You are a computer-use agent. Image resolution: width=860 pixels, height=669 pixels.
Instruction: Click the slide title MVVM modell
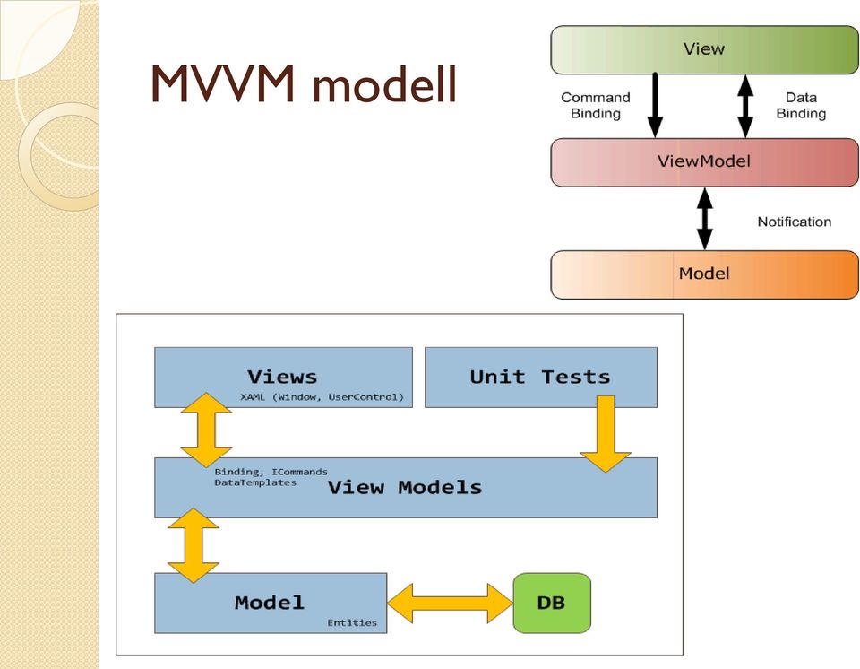coord(304,84)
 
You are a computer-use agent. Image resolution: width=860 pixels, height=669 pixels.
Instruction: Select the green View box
coord(704,49)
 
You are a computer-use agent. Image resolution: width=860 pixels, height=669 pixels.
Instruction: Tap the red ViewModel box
coord(704,162)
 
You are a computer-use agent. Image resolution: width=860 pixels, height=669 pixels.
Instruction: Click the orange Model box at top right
coord(704,274)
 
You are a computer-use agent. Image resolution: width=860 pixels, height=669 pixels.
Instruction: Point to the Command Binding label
coord(596,106)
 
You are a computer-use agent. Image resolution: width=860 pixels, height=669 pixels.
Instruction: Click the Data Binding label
coord(801,106)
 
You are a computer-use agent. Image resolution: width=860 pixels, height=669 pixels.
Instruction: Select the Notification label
coord(795,222)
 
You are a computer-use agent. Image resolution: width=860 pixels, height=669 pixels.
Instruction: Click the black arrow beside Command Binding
coord(655,106)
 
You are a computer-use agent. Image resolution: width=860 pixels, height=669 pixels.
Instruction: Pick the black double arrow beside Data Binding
coord(744,106)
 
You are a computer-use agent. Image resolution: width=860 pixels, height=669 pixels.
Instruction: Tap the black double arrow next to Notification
coord(705,219)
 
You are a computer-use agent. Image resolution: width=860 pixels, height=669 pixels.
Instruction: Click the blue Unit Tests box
coord(541,378)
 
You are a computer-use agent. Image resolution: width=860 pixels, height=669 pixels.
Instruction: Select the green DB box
coord(552,604)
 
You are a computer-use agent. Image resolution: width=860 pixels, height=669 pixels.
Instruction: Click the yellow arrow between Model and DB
coord(450,604)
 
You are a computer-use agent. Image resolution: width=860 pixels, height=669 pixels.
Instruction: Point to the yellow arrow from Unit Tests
coord(606,434)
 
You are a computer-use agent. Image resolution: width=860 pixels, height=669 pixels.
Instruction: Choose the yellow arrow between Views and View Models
coord(206,430)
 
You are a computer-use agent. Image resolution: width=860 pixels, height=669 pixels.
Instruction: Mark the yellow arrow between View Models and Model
coord(193,545)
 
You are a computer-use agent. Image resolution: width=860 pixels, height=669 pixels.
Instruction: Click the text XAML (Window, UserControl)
coord(322,397)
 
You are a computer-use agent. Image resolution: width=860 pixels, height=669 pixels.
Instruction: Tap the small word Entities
coord(352,622)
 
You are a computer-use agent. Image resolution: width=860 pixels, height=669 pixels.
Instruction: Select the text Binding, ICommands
coord(271,472)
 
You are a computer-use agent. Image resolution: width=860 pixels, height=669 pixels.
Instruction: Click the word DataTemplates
coord(255,482)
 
